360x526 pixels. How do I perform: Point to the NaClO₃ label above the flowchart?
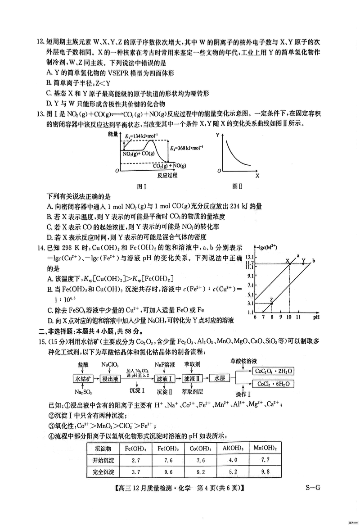click(x=110, y=364)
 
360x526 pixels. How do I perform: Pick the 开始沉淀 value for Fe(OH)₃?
click(x=131, y=461)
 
